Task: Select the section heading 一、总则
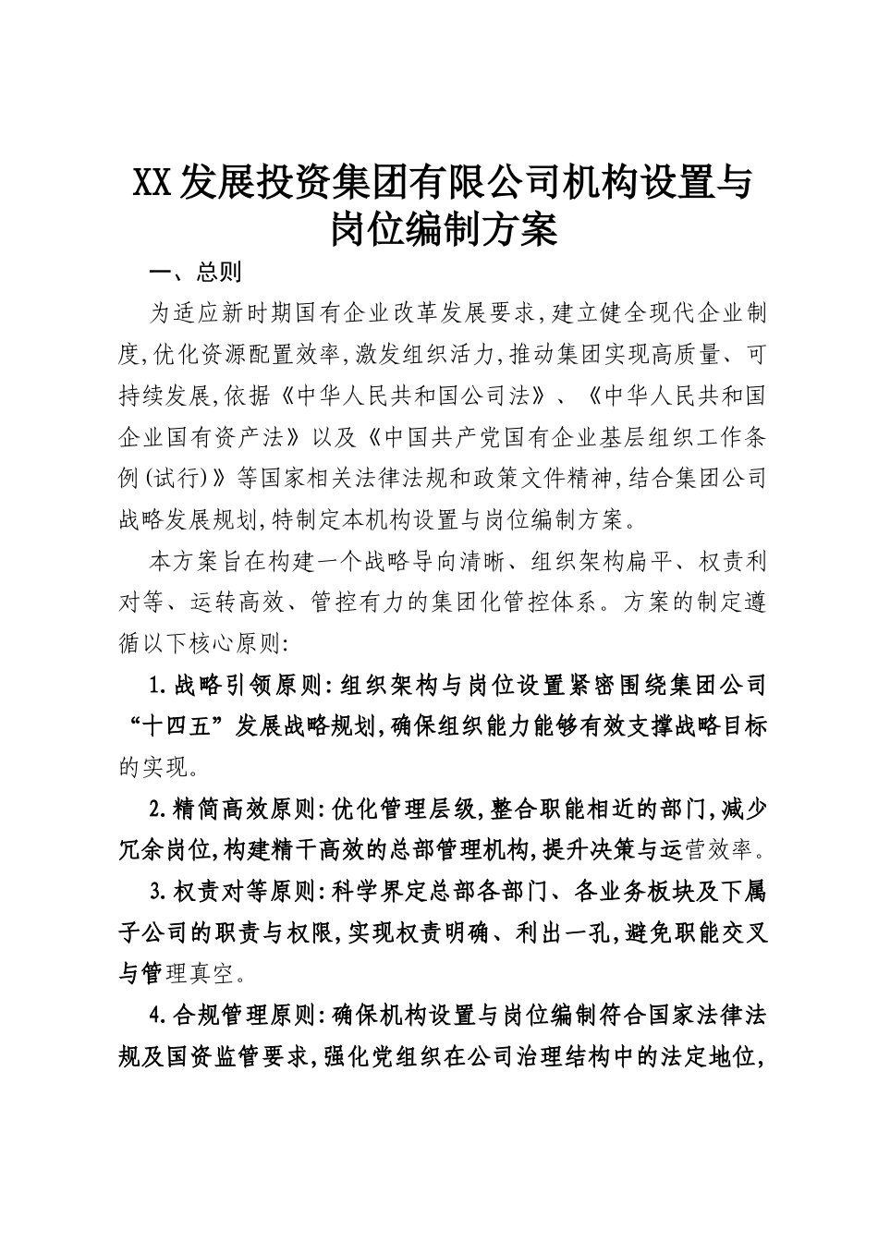tap(195, 273)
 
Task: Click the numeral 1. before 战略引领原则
tap(158, 685)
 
